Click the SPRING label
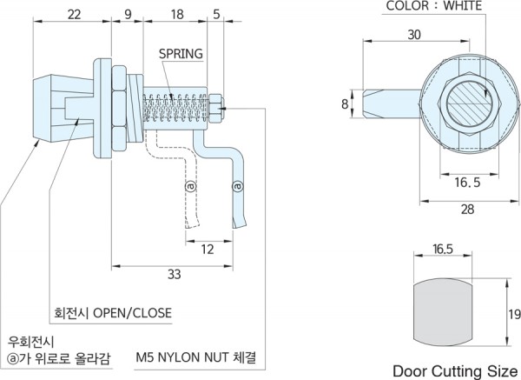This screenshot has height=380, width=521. tap(181, 54)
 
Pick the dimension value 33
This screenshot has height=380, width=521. tap(173, 275)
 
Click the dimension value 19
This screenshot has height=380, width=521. tap(513, 314)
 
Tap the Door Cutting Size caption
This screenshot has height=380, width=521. tap(446, 370)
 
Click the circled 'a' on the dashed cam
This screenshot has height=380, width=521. tap(190, 186)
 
